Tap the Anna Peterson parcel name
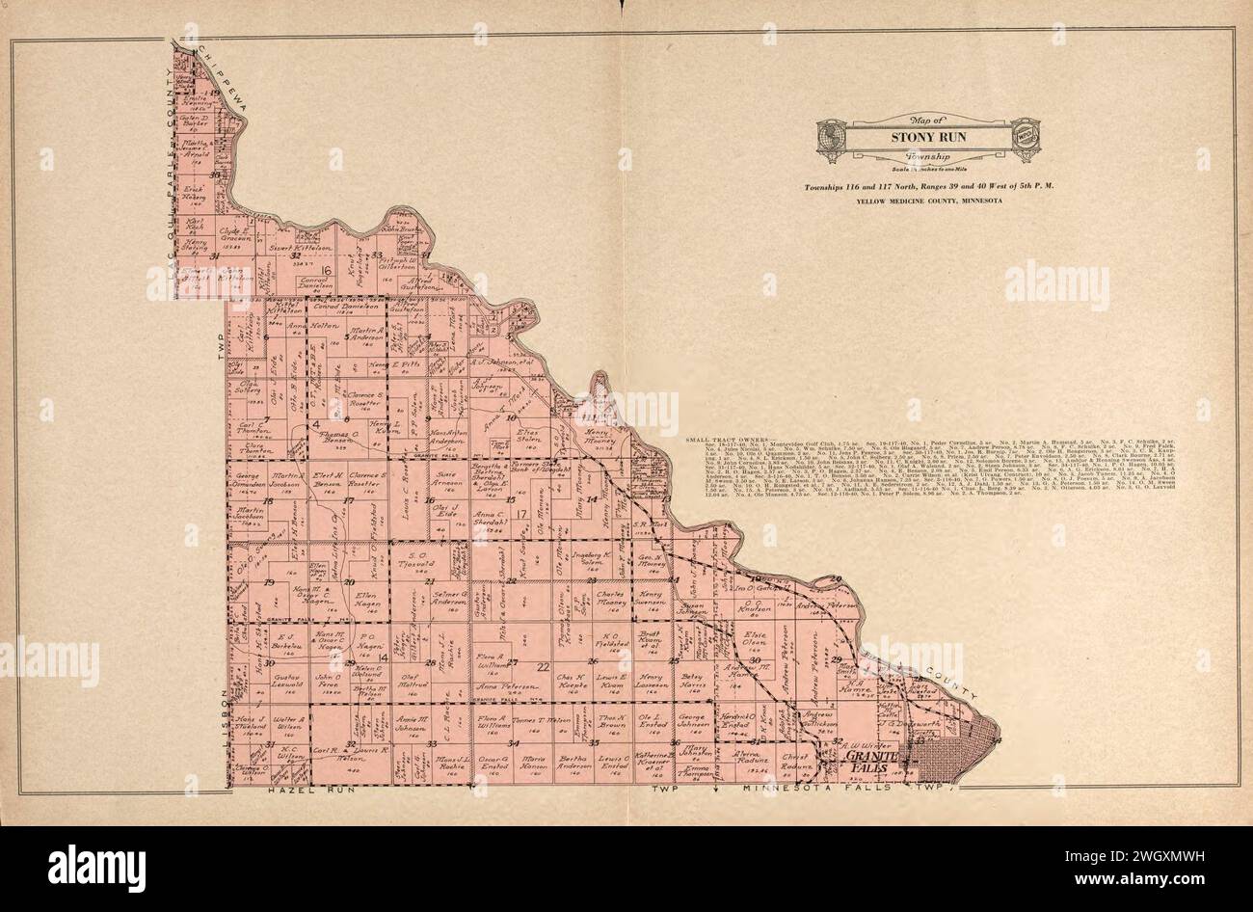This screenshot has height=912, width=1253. click(498, 687)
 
